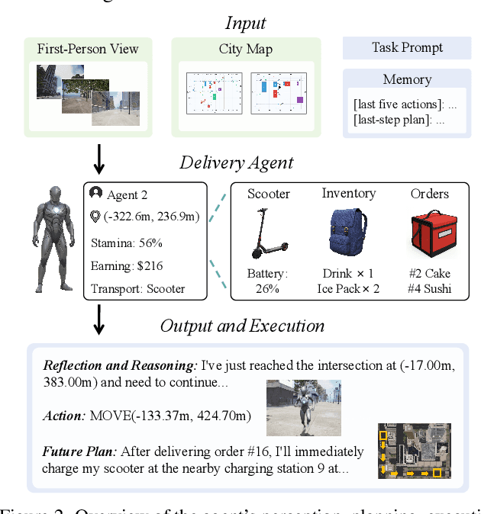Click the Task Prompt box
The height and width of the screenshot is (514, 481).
(407, 48)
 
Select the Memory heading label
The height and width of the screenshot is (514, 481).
(407, 79)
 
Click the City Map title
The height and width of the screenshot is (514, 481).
(246, 50)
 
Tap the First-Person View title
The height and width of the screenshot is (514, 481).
(88, 50)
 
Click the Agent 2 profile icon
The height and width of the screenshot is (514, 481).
(96, 194)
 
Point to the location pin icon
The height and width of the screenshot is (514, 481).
(96, 217)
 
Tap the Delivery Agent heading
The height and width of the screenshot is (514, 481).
(236, 162)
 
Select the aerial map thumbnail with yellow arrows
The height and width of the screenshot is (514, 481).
(414, 451)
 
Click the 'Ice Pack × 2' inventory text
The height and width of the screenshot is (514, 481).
(348, 288)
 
